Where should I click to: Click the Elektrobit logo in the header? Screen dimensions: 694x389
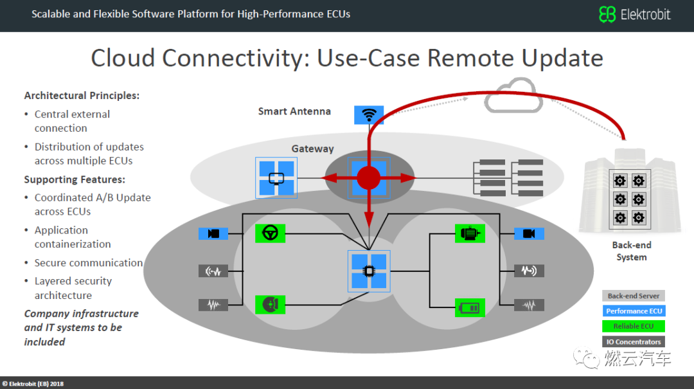635,14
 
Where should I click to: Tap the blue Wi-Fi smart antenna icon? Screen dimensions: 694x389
369,114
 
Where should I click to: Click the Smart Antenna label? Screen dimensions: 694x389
294,111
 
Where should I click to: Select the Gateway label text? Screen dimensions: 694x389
312,149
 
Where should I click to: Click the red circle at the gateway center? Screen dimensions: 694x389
369,177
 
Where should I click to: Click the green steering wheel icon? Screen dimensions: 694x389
270,233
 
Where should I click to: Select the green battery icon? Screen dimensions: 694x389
470,307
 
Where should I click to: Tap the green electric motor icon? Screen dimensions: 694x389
470,233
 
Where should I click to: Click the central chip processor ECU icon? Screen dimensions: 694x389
369,271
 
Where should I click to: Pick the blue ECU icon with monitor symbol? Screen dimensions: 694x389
276,177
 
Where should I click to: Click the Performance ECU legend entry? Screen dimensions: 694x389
634,311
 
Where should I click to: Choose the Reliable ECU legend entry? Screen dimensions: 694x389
634,326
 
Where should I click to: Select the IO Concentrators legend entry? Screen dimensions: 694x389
634,341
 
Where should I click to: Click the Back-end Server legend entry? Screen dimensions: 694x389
634,296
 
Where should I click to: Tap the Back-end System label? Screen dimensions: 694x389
632,251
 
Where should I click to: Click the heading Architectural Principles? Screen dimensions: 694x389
82,96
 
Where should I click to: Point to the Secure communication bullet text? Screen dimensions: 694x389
89,263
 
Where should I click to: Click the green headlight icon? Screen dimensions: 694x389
270,304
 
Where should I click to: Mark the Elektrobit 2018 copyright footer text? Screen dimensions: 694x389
33,384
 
